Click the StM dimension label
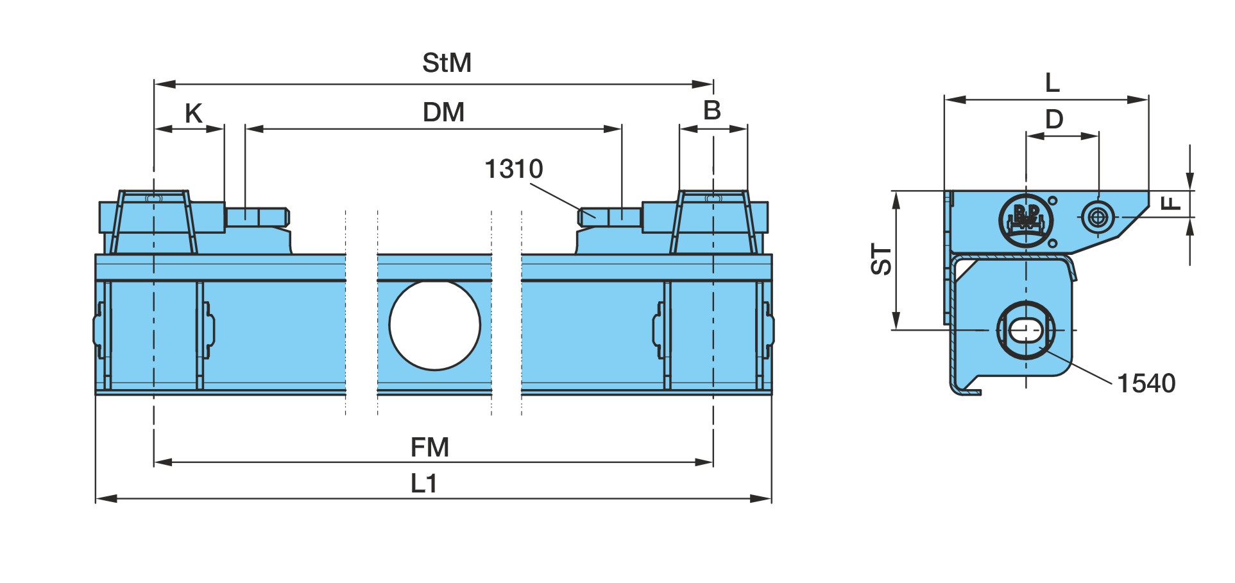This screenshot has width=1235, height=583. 447,63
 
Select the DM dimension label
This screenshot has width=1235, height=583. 443,112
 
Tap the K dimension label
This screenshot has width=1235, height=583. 193,114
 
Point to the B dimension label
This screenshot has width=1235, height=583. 712,110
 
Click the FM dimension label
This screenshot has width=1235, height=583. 429,448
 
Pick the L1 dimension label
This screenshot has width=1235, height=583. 423,483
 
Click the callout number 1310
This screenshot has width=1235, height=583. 513,170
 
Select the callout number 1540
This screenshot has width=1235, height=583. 1146,383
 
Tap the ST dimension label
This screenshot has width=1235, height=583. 882,259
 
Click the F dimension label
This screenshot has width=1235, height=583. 1171,203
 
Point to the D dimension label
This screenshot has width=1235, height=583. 1054,119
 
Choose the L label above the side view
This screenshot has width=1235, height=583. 1052,83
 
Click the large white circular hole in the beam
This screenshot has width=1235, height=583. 434,325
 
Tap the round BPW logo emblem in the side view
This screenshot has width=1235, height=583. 1026,220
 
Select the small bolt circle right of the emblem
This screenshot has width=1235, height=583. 1098,217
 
